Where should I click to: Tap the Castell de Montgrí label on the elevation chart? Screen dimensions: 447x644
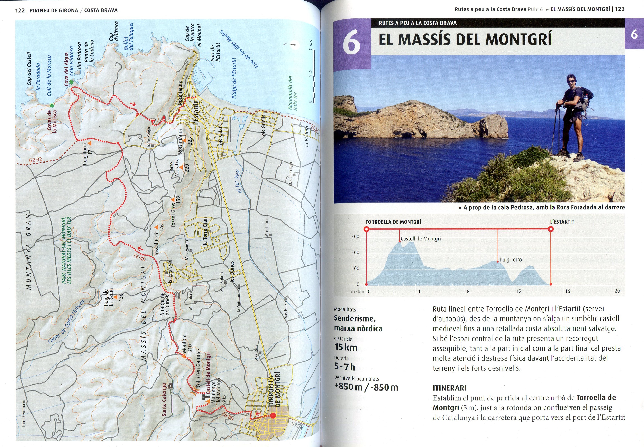pyautogui.click(x=421, y=239)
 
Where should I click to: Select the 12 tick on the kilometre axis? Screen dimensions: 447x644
pyautogui.click(x=518, y=291)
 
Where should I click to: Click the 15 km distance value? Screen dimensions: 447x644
pyautogui.click(x=346, y=347)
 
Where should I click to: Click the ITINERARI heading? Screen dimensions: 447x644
pyautogui.click(x=450, y=388)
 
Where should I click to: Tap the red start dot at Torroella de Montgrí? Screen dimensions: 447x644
pyautogui.click(x=273, y=416)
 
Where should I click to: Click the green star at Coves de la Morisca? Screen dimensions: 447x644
pyautogui.click(x=52, y=106)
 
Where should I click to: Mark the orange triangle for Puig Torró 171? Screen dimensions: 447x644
pyautogui.click(x=90, y=143)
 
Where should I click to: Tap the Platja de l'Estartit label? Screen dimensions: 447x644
pyautogui.click(x=234, y=78)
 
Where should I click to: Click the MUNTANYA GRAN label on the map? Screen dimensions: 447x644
pyautogui.click(x=29, y=252)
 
